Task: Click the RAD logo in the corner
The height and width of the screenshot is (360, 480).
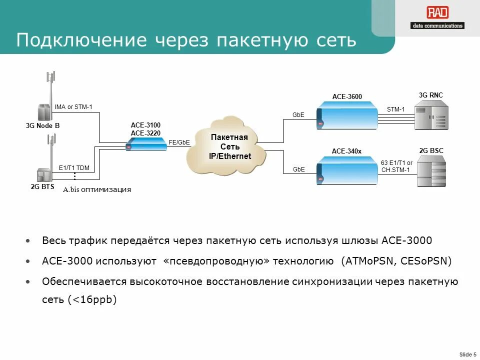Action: pyautogui.click(x=437, y=18)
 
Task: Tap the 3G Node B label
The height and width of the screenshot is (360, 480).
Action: pyautogui.click(x=42, y=126)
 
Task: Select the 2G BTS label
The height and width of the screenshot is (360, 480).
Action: pyautogui.click(x=42, y=187)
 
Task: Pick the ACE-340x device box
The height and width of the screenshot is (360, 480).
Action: pyautogui.click(x=347, y=170)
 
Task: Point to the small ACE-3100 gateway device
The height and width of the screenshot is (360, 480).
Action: pyautogui.click(x=146, y=144)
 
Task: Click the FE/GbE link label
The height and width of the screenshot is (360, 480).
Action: pyautogui.click(x=179, y=142)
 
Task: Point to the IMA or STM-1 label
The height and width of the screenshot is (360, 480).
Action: pyautogui.click(x=73, y=107)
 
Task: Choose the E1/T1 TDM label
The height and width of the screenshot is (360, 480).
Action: pyautogui.click(x=74, y=168)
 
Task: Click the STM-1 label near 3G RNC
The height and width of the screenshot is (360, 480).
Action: pyautogui.click(x=395, y=109)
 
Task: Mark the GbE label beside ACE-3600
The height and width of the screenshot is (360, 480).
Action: pyautogui.click(x=298, y=115)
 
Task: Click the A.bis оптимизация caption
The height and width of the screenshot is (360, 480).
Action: pyautogui.click(x=96, y=189)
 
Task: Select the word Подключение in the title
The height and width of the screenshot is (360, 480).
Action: pyautogui.click(x=81, y=40)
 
